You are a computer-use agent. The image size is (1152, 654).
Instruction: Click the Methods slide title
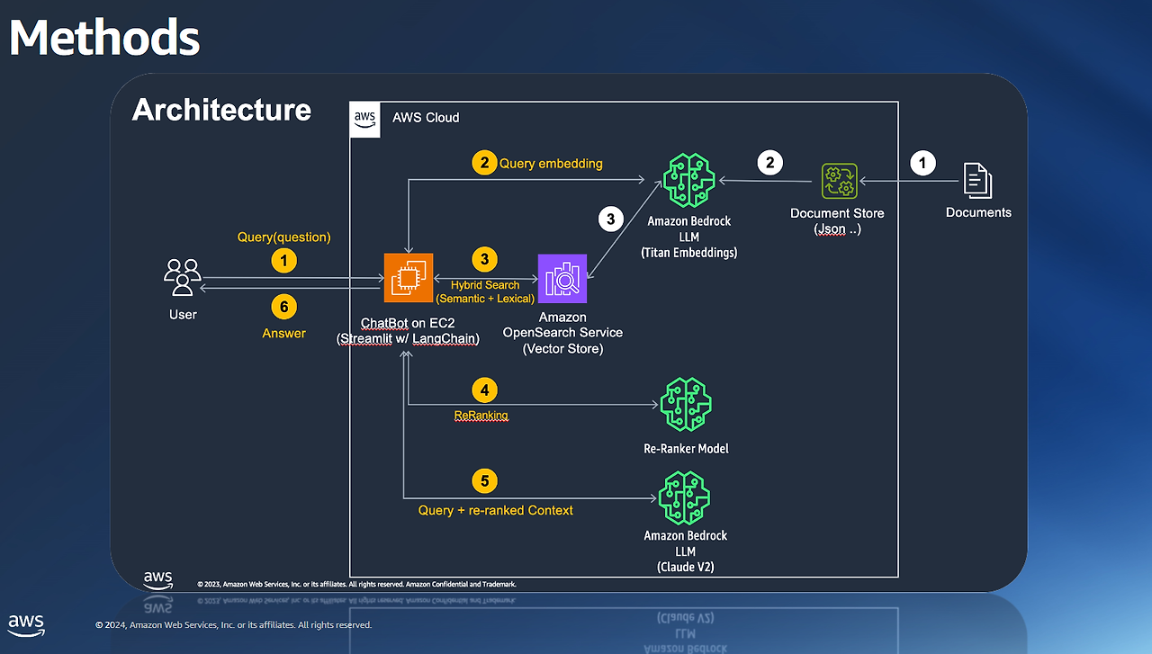coord(104,38)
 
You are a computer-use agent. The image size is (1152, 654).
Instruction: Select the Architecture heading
coord(221,110)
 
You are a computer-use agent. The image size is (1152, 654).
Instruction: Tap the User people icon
coord(183,277)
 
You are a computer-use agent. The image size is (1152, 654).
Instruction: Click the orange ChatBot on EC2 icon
coord(409,278)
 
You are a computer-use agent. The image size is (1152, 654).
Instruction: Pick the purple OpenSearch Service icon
coord(562,278)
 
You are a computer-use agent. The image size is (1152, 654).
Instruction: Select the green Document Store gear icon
coord(840,181)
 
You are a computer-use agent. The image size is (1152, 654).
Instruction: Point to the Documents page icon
coord(978,180)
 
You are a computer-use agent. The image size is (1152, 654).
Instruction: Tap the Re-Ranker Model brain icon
coord(686,406)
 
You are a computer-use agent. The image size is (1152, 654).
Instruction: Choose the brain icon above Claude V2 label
coord(685,498)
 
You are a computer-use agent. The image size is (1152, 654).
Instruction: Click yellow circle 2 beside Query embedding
coord(484,163)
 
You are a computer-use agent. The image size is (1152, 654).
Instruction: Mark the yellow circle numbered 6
coord(284,307)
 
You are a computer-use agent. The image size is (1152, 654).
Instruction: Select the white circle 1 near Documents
coord(922,163)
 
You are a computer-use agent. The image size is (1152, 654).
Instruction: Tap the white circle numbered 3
coord(610,219)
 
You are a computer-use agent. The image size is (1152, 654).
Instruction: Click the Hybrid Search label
coord(485,285)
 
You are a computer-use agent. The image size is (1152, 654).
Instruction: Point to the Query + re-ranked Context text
coord(495,510)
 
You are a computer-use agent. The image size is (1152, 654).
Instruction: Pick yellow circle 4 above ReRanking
coord(484,390)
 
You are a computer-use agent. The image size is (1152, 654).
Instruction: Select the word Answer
coord(284,333)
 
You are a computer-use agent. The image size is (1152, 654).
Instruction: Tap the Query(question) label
coord(284,237)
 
